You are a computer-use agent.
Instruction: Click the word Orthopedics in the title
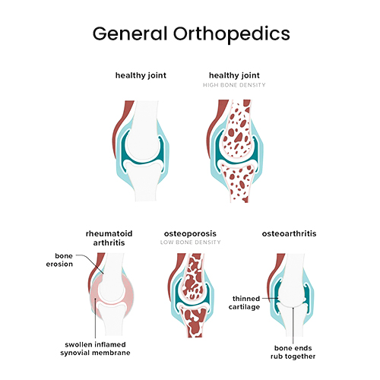pos(232,34)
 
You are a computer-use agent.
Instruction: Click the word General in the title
pos(130,33)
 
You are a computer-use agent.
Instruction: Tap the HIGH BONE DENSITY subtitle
pos(234,85)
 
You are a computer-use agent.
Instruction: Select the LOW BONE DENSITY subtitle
pos(190,242)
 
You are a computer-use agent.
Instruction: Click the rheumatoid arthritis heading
pos(109,238)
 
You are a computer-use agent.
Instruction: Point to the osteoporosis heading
pos(190,234)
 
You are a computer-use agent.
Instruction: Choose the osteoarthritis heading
pos(289,233)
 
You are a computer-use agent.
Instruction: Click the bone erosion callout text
pos(59,260)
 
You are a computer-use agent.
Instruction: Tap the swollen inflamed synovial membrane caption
pos(95,349)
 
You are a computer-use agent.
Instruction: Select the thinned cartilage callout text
pos(244,302)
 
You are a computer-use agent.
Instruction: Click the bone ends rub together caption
pos(293,352)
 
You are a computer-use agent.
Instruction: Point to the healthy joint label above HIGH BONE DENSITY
pos(234,75)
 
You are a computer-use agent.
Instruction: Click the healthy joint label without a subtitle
pos(141,75)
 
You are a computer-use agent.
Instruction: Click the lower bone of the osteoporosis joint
pos(195,321)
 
